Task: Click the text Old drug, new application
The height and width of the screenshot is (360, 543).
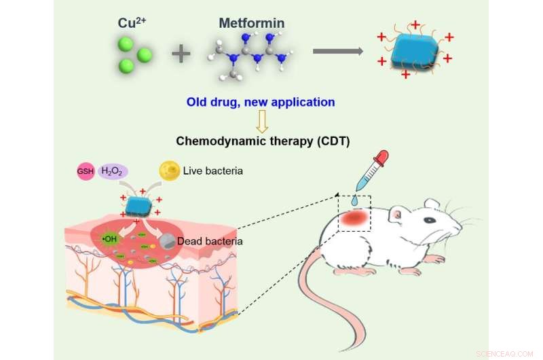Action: click(x=261, y=103)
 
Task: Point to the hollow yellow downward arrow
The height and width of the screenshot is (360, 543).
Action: click(x=261, y=122)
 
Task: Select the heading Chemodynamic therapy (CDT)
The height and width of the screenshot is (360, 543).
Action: click(x=261, y=141)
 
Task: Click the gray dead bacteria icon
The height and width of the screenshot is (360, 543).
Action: click(x=166, y=240)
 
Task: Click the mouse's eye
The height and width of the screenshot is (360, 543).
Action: click(x=445, y=219)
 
